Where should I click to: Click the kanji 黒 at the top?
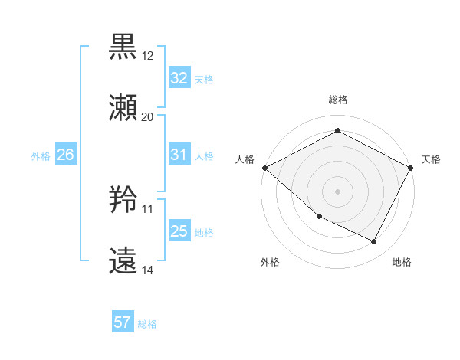pyautogui.click(x=124, y=47)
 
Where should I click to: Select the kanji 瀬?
pyautogui.click(x=124, y=108)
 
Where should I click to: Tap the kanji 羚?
pyautogui.click(x=124, y=200)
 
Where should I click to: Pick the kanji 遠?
pyautogui.click(x=124, y=261)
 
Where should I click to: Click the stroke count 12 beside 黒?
pyautogui.click(x=148, y=56)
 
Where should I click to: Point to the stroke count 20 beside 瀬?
pyautogui.click(x=148, y=117)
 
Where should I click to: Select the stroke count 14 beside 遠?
pyautogui.click(x=148, y=270)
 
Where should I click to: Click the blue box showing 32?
pyautogui.click(x=179, y=77)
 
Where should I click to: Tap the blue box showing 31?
pyautogui.click(x=179, y=155)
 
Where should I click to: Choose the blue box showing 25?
pyautogui.click(x=179, y=231)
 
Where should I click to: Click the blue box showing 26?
pyautogui.click(x=65, y=155)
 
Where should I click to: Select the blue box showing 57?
pyautogui.click(x=123, y=322)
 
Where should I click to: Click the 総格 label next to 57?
pyautogui.click(x=147, y=324)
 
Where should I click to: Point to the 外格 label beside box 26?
pyautogui.click(x=41, y=155)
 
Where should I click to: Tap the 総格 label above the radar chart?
pyautogui.click(x=338, y=100)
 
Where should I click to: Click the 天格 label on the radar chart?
pyautogui.click(x=431, y=159)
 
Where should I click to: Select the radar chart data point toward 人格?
pyautogui.click(x=264, y=168)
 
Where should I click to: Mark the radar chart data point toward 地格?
pyautogui.click(x=374, y=242)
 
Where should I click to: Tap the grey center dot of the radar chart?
pyautogui.click(x=338, y=191)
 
